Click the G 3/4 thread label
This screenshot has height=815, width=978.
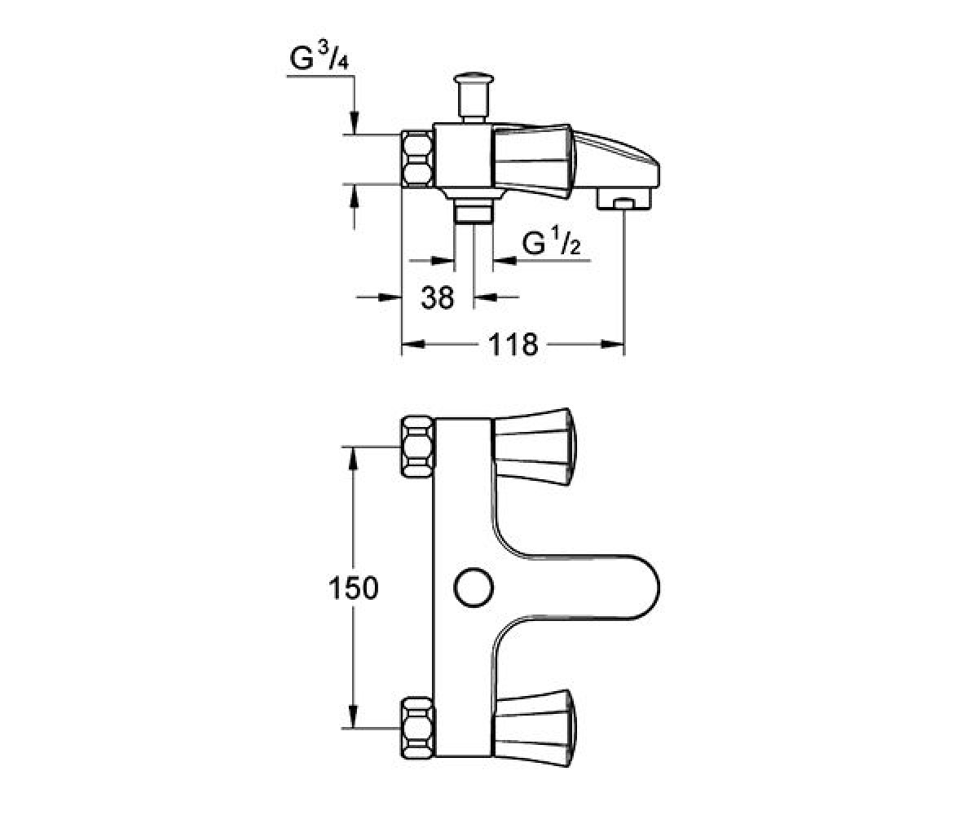[319, 58]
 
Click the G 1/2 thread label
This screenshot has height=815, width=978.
[551, 243]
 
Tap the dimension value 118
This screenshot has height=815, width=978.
[513, 344]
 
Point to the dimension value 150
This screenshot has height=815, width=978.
[353, 588]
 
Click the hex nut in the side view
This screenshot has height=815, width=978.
[416, 159]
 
